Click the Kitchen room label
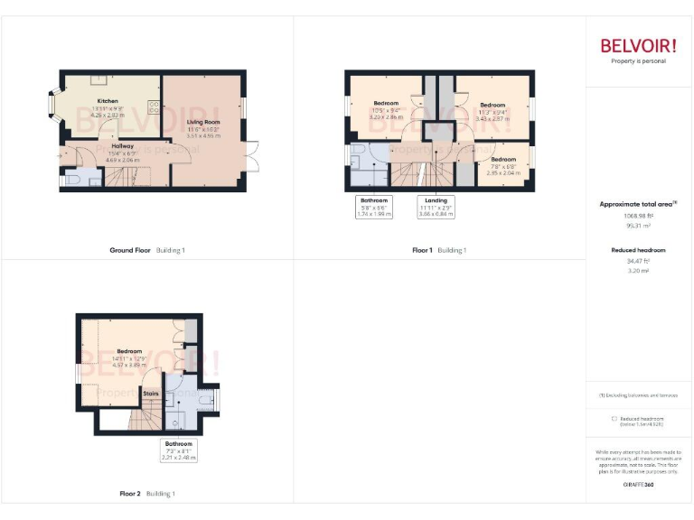click(108, 101)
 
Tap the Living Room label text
click(203, 121)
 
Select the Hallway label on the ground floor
click(122, 145)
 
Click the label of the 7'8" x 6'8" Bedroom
click(503, 159)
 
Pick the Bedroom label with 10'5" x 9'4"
click(386, 103)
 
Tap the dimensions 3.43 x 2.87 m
click(492, 118)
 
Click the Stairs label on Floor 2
click(150, 394)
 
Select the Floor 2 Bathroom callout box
click(178, 450)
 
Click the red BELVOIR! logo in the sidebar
click(638, 46)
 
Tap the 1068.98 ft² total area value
click(637, 217)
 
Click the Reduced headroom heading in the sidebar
click(638, 249)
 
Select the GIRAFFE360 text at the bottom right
click(638, 485)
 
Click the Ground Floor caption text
click(130, 250)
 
